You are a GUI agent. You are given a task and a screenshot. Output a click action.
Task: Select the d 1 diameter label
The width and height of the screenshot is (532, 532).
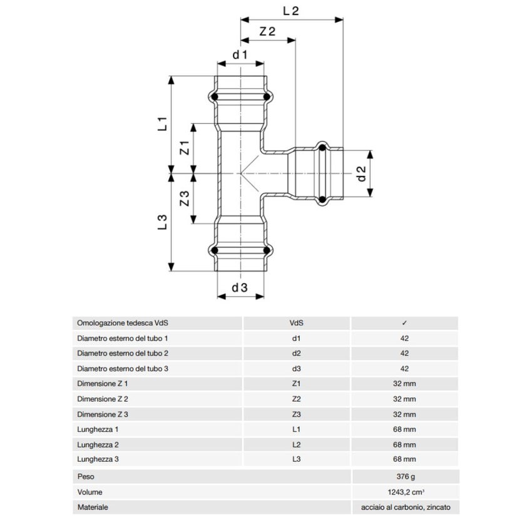tap(240, 55)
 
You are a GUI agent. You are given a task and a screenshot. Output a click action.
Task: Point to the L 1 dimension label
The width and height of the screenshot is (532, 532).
tap(161, 123)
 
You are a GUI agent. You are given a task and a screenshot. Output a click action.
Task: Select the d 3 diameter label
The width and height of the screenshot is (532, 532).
tap(240, 288)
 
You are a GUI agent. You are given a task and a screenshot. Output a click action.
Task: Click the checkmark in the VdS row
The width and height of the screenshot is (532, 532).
tap(404, 323)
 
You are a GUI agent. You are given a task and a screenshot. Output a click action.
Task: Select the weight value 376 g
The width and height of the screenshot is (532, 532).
tap(405, 476)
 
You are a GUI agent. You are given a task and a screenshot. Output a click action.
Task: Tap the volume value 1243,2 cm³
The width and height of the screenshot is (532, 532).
tap(405, 492)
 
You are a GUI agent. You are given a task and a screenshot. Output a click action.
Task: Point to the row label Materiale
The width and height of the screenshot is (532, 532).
tap(92, 507)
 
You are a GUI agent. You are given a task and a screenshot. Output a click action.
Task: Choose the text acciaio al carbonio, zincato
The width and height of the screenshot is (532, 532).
tap(405, 507)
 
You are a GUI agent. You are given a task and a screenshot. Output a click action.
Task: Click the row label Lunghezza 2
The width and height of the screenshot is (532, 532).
tap(98, 445)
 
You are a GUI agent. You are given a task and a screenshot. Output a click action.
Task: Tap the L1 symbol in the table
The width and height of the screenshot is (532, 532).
tap(297, 430)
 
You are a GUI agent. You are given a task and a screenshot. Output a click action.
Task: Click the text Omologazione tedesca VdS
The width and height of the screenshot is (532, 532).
tap(123, 323)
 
